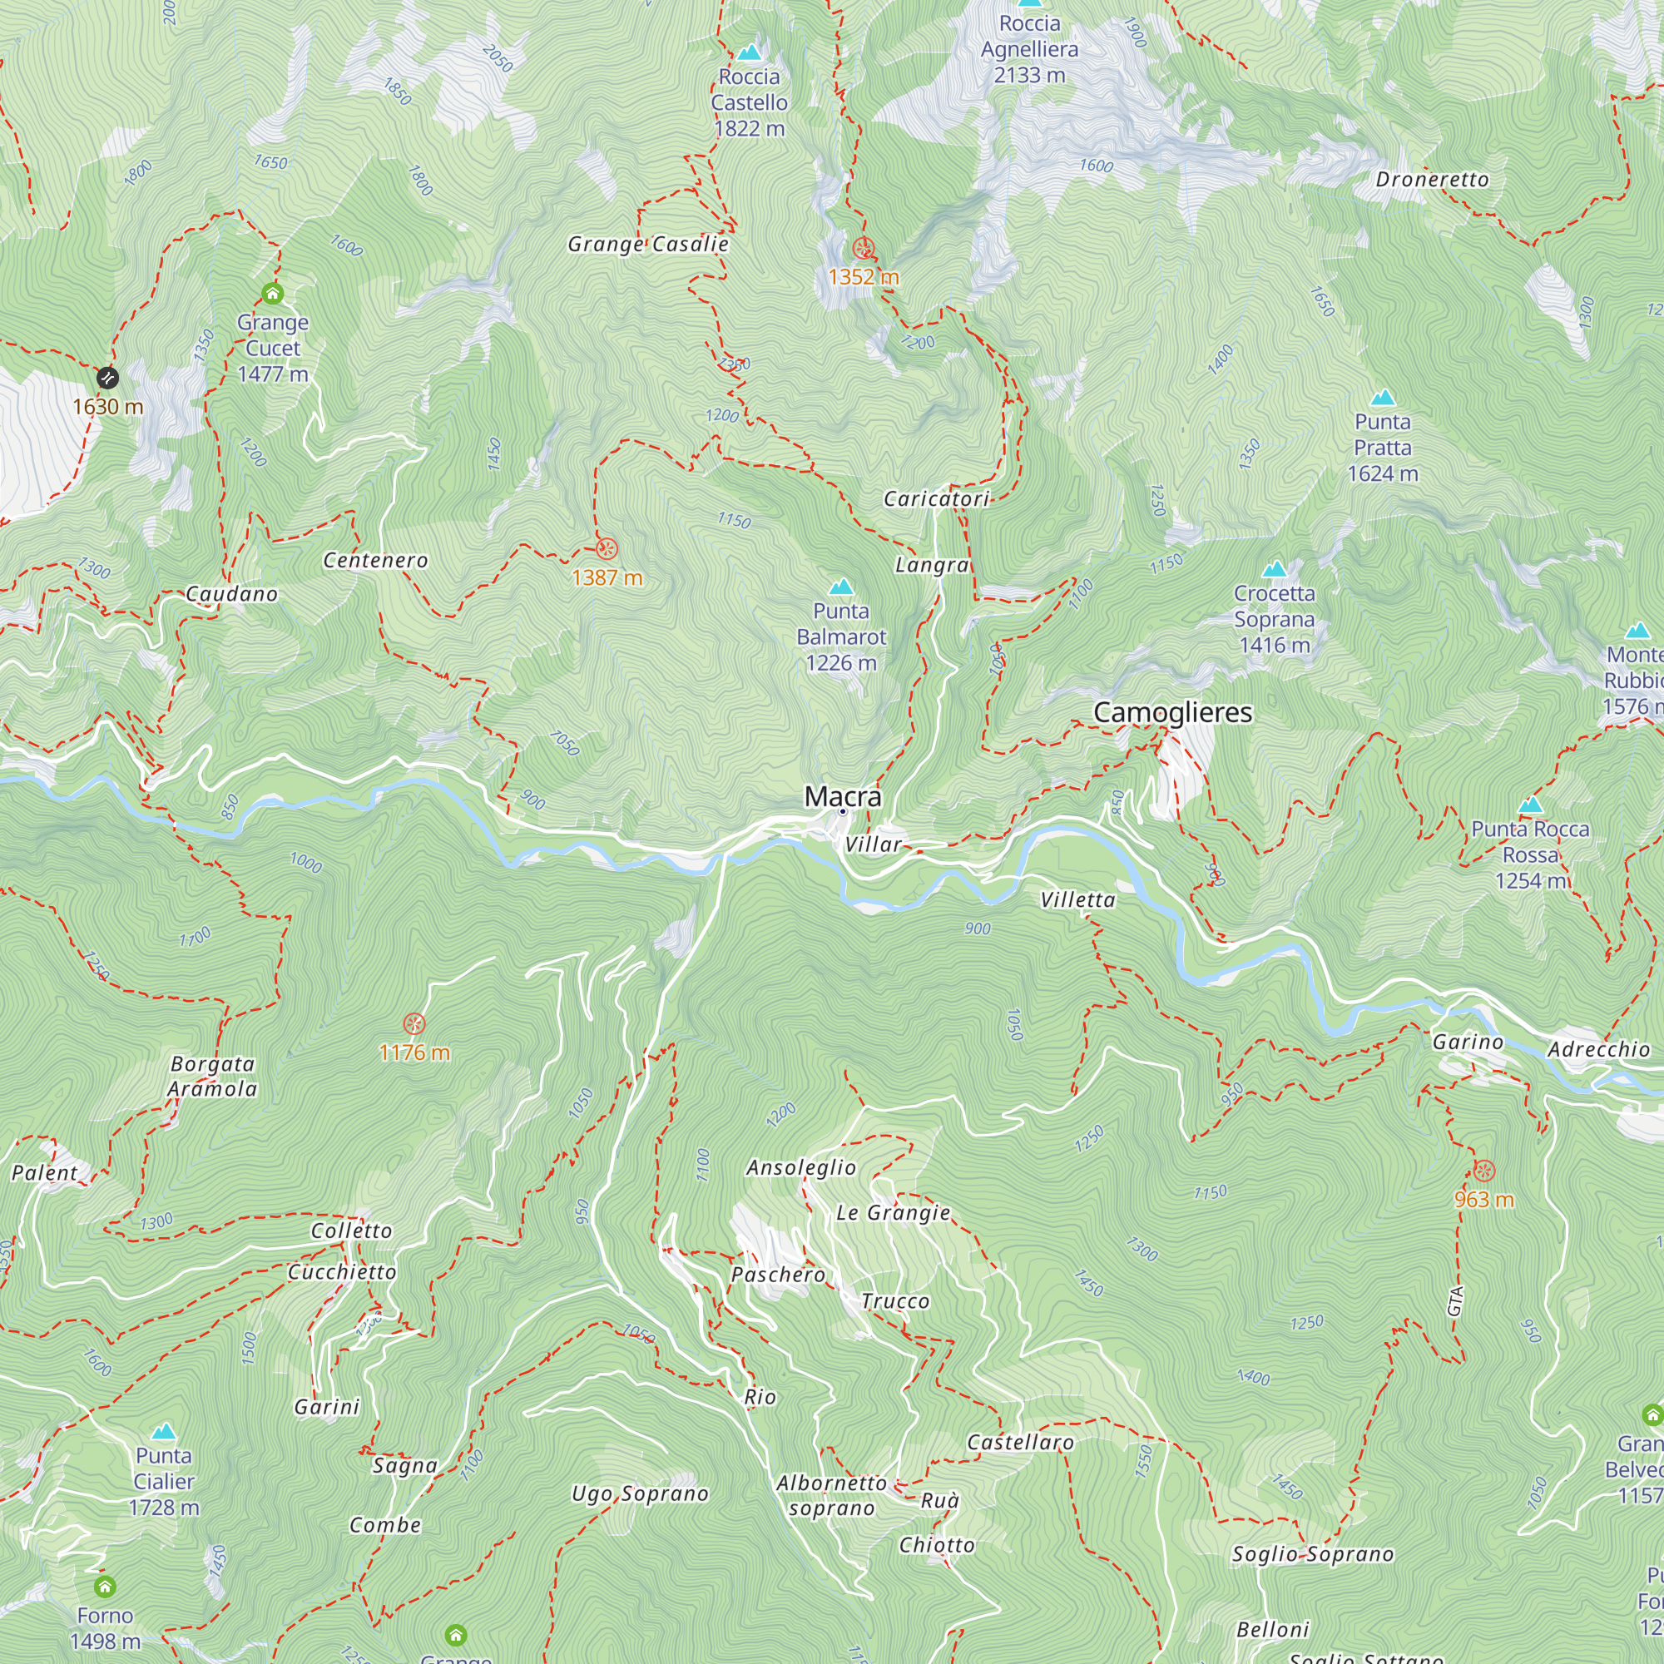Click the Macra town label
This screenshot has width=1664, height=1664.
(x=842, y=797)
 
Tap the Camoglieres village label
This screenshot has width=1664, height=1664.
(x=1172, y=712)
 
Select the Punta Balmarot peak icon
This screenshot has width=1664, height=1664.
(x=840, y=587)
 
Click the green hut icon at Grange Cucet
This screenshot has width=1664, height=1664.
(x=272, y=294)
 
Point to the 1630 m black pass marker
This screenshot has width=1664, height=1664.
(x=106, y=377)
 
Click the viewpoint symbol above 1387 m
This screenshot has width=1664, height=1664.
(x=607, y=548)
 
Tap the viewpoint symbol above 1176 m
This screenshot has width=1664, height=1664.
(x=414, y=1024)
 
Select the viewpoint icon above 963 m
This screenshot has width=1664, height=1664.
(x=1484, y=1171)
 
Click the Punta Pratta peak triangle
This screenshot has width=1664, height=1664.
(x=1382, y=398)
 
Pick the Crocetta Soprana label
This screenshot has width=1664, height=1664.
(x=1274, y=618)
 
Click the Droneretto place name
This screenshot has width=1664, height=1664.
(x=1431, y=179)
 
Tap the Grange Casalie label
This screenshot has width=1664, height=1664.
(x=647, y=245)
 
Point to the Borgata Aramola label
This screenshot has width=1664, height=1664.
(x=212, y=1076)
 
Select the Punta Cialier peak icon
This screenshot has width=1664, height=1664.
(x=164, y=1431)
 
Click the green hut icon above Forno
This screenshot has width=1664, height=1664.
(x=105, y=1587)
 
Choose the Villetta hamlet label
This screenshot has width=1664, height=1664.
(x=1077, y=900)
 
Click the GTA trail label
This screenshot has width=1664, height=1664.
(x=1454, y=1300)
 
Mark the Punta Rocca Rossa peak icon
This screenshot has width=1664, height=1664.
(x=1530, y=805)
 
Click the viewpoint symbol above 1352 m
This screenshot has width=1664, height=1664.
(x=863, y=249)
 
